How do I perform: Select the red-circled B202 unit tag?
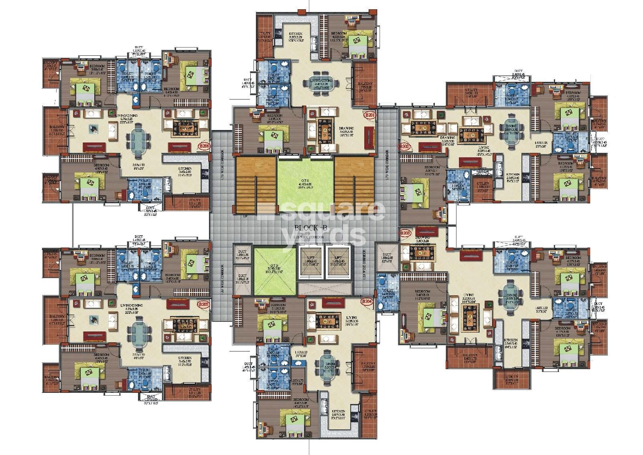tap(404, 147)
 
